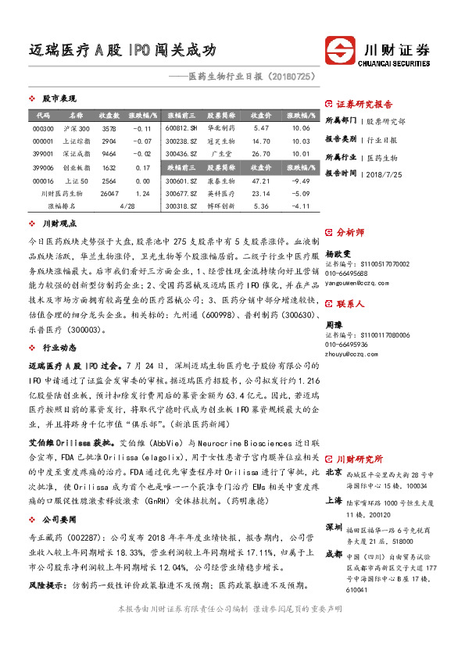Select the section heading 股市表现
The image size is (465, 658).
(x=56, y=99)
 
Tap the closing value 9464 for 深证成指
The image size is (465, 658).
(x=109, y=154)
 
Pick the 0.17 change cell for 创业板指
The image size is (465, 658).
(x=142, y=167)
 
